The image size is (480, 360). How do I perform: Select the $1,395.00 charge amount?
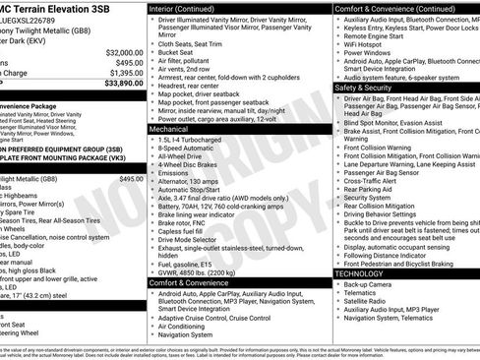(125, 73)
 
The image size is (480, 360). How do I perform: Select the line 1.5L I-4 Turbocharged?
(190, 140)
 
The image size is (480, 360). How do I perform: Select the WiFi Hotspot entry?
(366, 44)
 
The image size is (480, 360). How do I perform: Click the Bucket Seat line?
(177, 52)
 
